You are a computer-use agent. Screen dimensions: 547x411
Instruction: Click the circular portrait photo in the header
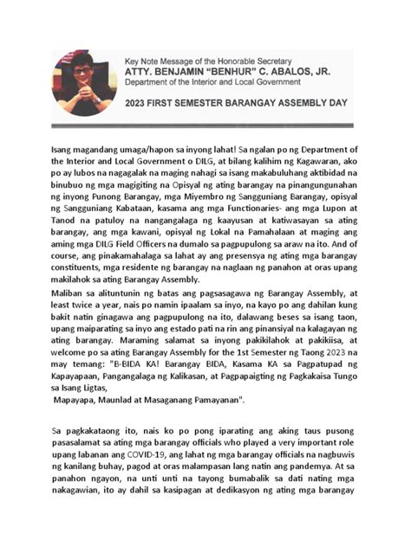[84, 83]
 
